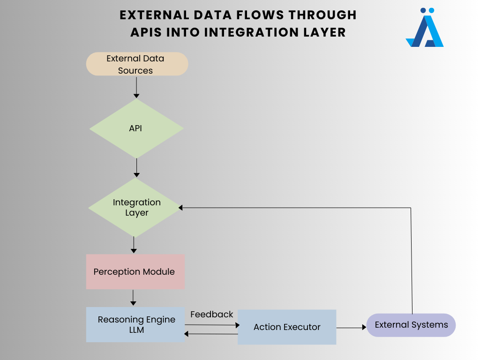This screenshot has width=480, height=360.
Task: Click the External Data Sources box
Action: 137,64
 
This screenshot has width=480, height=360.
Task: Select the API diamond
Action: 136,128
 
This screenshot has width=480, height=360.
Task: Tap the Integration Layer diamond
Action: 135,208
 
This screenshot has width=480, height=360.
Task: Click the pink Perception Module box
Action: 135,271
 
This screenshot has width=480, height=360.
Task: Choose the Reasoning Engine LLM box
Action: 135,324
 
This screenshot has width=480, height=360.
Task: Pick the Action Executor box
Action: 287,327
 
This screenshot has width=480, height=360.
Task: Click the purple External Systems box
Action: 411,325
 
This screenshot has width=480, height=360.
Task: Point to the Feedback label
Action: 211,315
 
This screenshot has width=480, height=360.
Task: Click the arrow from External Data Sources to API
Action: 136,88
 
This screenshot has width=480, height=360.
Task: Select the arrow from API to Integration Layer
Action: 136,168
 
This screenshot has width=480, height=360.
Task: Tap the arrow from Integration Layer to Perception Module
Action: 134,245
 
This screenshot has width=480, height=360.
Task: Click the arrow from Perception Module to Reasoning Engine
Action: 133,298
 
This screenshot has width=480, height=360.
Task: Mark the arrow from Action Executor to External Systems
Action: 352,328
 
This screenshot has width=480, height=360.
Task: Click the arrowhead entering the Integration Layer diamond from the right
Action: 180,208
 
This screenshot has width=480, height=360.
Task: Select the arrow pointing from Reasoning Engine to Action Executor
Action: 212,325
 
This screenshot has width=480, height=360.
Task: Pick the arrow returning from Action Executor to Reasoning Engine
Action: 211,334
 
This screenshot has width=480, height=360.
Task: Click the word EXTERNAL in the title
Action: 154,15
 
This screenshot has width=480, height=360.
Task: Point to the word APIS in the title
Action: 146,32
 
